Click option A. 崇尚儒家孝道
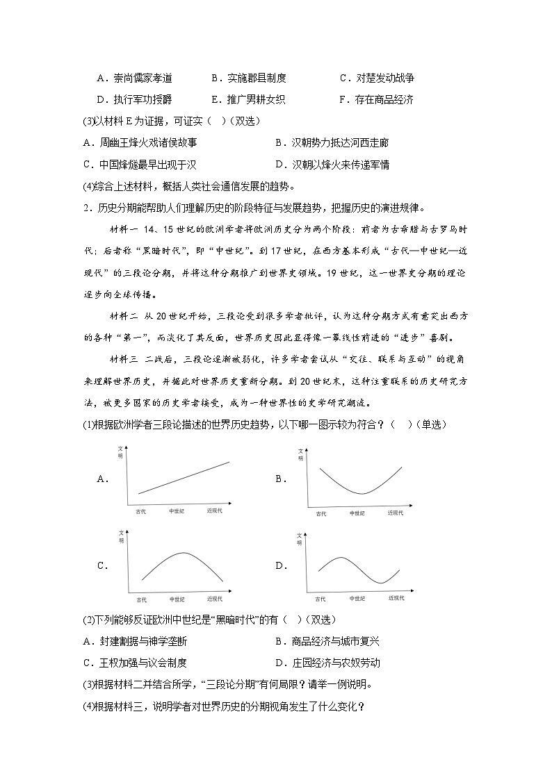[x=135, y=78]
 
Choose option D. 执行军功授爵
[x=135, y=99]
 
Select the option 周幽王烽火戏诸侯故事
[x=140, y=142]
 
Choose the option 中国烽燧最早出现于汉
[x=140, y=165]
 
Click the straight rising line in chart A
[x=184, y=477]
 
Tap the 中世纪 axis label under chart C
[x=177, y=598]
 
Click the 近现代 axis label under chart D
[x=396, y=597]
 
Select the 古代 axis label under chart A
[x=141, y=511]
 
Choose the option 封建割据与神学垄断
[x=140, y=641]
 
